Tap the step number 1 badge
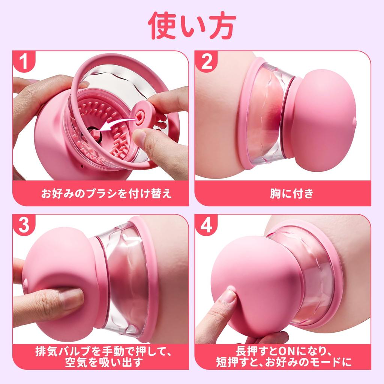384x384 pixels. click(25, 62)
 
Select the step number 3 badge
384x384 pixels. click(25, 225)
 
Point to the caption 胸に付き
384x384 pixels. click(283, 194)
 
